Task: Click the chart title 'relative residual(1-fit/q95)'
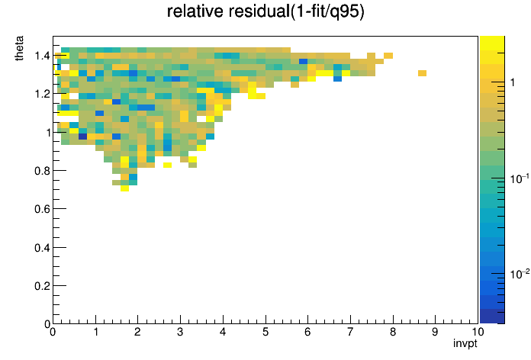click(265, 11)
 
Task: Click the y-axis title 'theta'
click(19, 48)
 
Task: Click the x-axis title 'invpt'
click(465, 343)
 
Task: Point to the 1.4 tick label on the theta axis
click(42, 56)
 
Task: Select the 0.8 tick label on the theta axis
click(42, 171)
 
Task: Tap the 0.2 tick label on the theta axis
click(42, 286)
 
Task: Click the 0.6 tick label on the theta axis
click(42, 209)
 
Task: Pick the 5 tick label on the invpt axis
click(265, 332)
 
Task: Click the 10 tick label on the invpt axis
click(478, 332)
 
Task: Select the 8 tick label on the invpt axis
click(393, 332)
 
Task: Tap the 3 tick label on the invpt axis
click(180, 332)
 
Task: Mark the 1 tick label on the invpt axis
click(95, 332)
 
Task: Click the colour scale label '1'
click(513, 82)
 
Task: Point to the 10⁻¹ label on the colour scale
click(520, 178)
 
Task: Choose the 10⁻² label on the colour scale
click(520, 274)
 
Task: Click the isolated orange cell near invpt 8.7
click(422, 73)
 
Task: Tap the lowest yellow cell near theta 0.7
click(124, 188)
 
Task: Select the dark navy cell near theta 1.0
click(82, 137)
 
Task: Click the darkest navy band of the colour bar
click(492, 317)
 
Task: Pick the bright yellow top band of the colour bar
click(492, 43)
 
